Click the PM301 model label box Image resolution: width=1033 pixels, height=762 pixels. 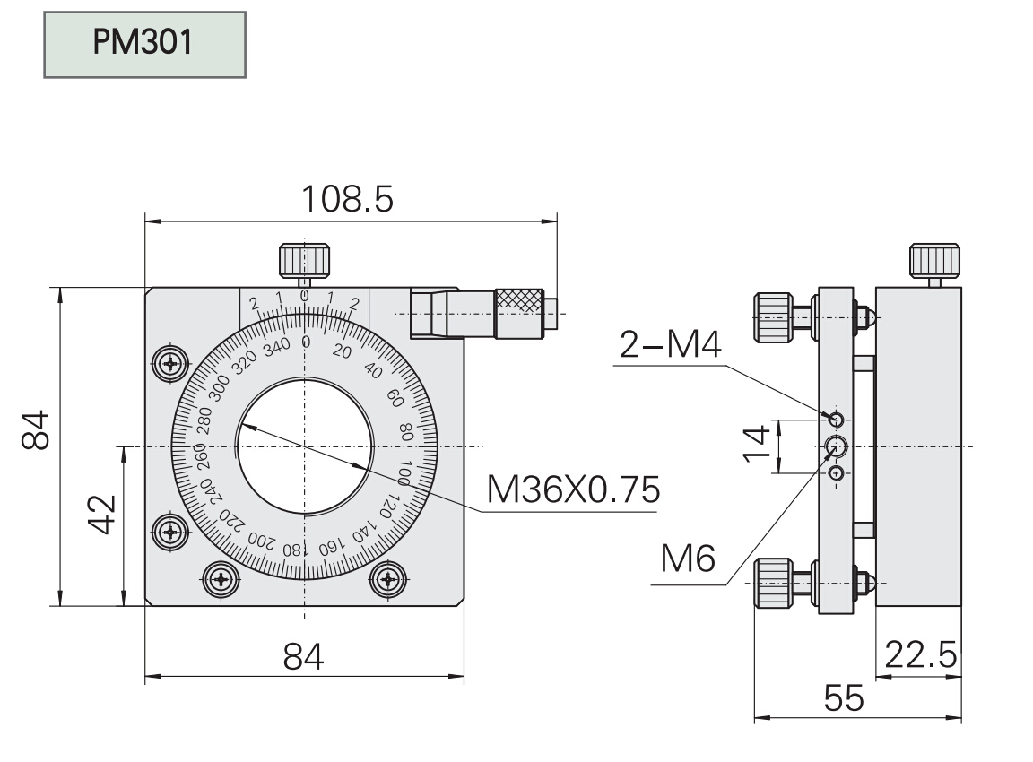(x=144, y=44)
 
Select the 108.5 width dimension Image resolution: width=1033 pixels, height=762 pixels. (x=347, y=199)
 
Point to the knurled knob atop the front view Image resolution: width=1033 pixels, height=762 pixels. (x=305, y=259)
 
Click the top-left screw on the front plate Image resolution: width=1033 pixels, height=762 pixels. (x=169, y=364)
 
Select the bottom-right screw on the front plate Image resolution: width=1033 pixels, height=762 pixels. (x=388, y=579)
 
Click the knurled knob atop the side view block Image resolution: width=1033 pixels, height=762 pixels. (x=937, y=260)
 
